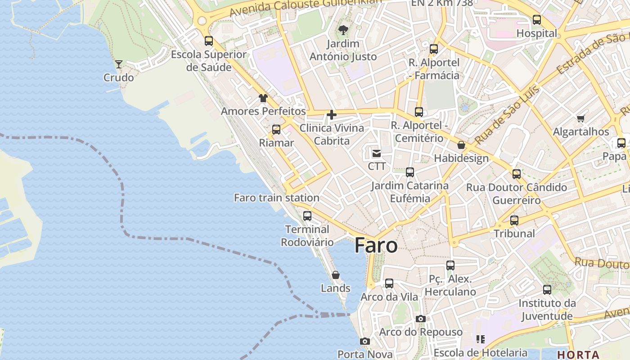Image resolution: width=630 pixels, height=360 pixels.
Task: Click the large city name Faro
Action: (x=376, y=246)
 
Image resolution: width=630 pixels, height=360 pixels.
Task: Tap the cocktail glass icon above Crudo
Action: (x=119, y=64)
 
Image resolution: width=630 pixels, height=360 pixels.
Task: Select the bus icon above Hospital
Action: (x=537, y=20)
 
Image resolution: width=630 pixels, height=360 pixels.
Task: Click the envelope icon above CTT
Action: (x=377, y=154)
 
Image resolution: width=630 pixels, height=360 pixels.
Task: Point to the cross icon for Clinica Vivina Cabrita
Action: (x=332, y=115)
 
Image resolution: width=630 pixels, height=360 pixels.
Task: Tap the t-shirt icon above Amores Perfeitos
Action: (x=263, y=98)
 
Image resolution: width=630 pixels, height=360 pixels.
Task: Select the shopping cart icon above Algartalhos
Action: (x=580, y=119)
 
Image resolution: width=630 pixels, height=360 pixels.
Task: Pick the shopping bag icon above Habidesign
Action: (x=461, y=145)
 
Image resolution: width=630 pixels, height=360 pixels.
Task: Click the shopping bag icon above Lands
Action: (x=336, y=275)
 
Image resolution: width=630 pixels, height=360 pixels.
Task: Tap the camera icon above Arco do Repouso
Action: (x=421, y=319)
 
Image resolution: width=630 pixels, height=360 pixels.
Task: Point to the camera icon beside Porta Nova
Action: (x=365, y=342)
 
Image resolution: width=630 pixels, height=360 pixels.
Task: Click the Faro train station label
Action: (x=277, y=198)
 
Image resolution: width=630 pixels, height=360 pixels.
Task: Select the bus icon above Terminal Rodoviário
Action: (x=307, y=216)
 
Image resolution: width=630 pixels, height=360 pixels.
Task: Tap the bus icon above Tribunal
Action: (x=514, y=220)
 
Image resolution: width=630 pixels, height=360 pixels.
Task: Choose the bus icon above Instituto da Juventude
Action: (x=547, y=290)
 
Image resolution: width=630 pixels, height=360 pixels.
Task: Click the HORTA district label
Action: (x=578, y=354)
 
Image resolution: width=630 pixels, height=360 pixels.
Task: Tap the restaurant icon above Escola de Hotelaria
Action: (x=481, y=339)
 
